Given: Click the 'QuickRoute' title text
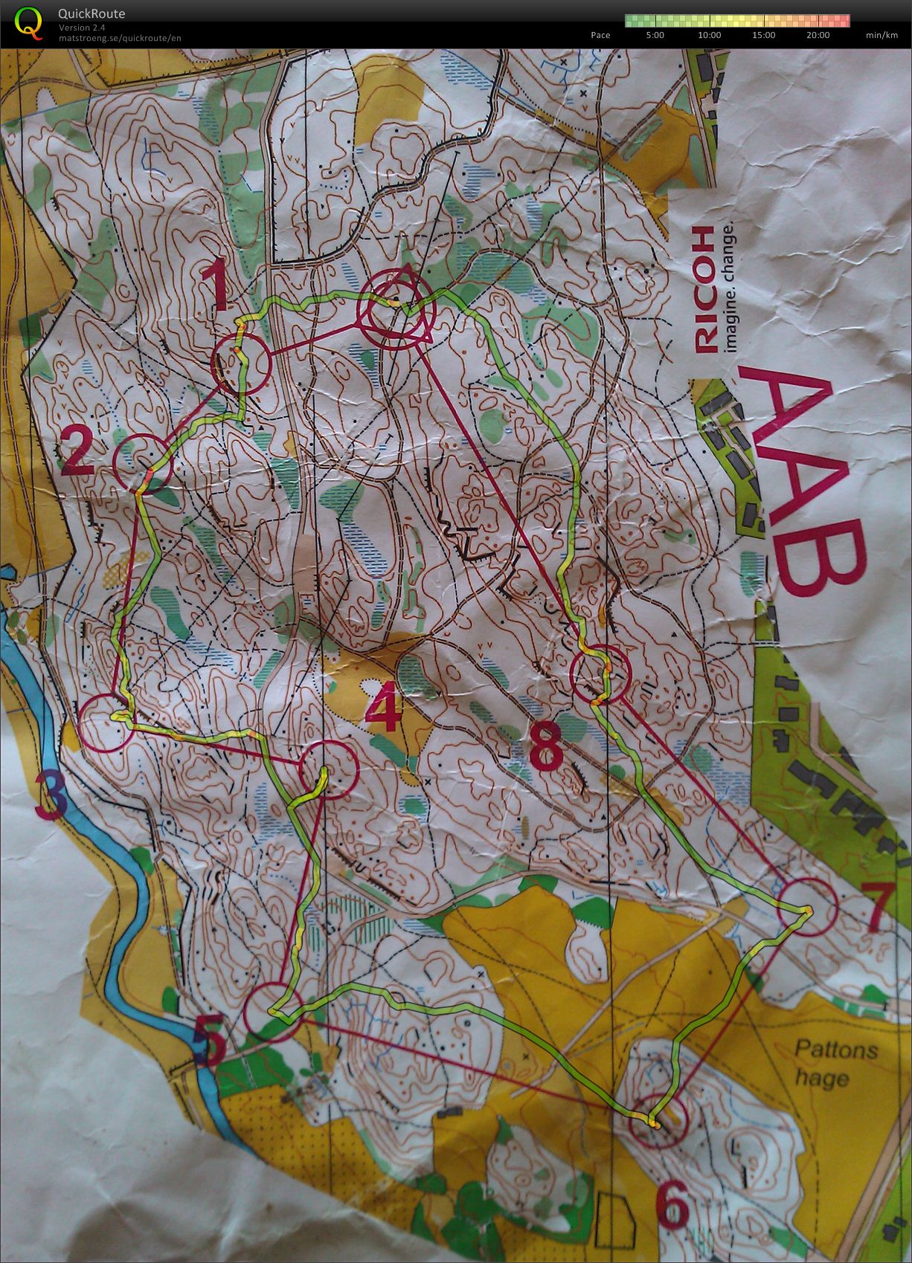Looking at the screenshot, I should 91,13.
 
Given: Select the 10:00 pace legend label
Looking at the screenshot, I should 709,35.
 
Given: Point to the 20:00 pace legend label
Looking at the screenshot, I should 817,35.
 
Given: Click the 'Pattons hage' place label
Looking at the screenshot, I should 836,1064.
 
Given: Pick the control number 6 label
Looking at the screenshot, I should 673,1204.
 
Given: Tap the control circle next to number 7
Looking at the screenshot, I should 809,907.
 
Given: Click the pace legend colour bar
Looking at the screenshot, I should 736,21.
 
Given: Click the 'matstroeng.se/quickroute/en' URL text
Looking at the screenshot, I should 119,38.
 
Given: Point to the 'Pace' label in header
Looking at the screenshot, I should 600,35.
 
